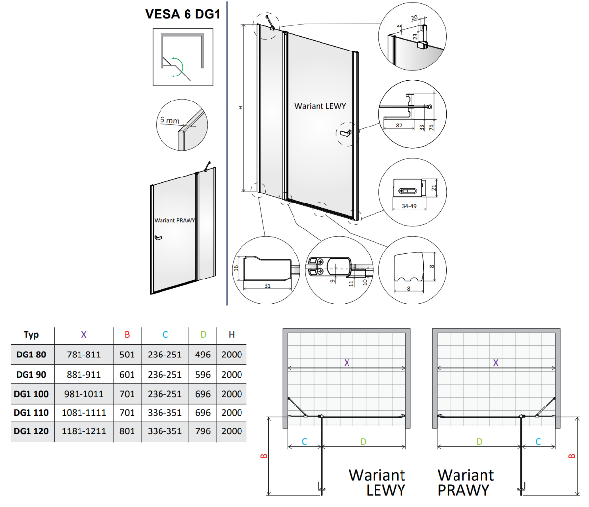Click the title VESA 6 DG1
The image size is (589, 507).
coord(183,14)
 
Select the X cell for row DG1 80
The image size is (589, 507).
coord(84,355)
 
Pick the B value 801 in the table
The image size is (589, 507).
coord(127,431)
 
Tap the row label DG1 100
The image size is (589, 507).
coord(31,394)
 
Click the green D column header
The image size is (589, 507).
coord(203,334)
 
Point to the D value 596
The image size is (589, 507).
coord(203,374)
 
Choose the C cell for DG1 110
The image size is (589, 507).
coord(165,412)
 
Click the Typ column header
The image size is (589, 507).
coord(31,335)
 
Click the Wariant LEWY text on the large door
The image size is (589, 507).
coord(320,106)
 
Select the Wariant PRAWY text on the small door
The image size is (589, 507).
coord(175,220)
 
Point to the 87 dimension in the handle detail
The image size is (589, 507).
coord(399,125)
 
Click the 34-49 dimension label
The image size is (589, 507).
coord(409,206)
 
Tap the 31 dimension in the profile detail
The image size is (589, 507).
coord(268,286)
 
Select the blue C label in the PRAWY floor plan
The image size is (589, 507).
coord(538,441)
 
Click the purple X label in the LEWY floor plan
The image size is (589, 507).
coord(347,363)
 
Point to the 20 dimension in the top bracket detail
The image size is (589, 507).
coord(414,18)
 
